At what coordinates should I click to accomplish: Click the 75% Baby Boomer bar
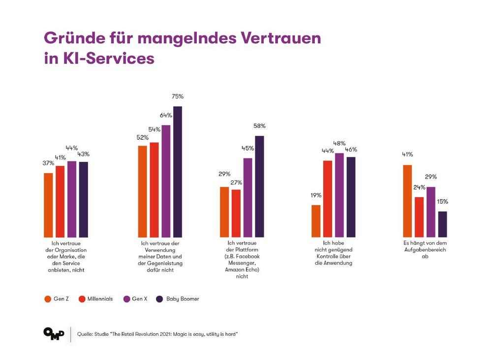178,172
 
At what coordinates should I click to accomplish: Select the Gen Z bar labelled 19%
316,221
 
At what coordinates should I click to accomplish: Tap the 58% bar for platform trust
259,186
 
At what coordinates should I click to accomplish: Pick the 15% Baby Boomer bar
442,224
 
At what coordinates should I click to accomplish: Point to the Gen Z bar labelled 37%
48,205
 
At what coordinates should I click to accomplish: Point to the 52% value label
143,137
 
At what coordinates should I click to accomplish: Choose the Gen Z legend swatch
47,299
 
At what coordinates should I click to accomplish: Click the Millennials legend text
100,299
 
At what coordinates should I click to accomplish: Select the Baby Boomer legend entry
177,299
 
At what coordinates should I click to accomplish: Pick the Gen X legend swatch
126,299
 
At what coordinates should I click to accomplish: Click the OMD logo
54,333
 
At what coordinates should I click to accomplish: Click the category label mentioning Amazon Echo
242,259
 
